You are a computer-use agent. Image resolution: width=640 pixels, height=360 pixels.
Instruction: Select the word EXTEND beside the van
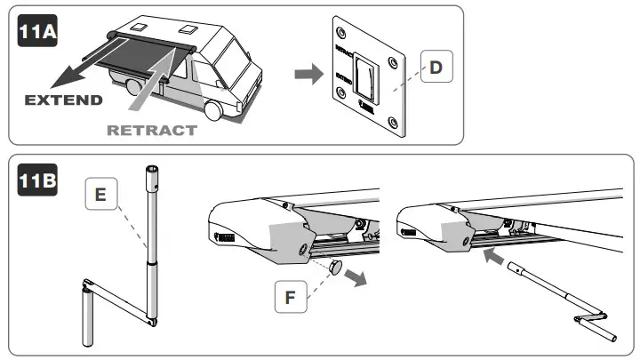click(x=63, y=99)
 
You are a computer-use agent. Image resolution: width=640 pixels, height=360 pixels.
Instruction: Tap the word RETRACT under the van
click(x=151, y=130)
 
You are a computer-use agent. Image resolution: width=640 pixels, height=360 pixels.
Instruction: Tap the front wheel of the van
click(x=215, y=109)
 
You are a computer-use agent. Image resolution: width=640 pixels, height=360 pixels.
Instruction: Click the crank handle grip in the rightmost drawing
click(x=604, y=330)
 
